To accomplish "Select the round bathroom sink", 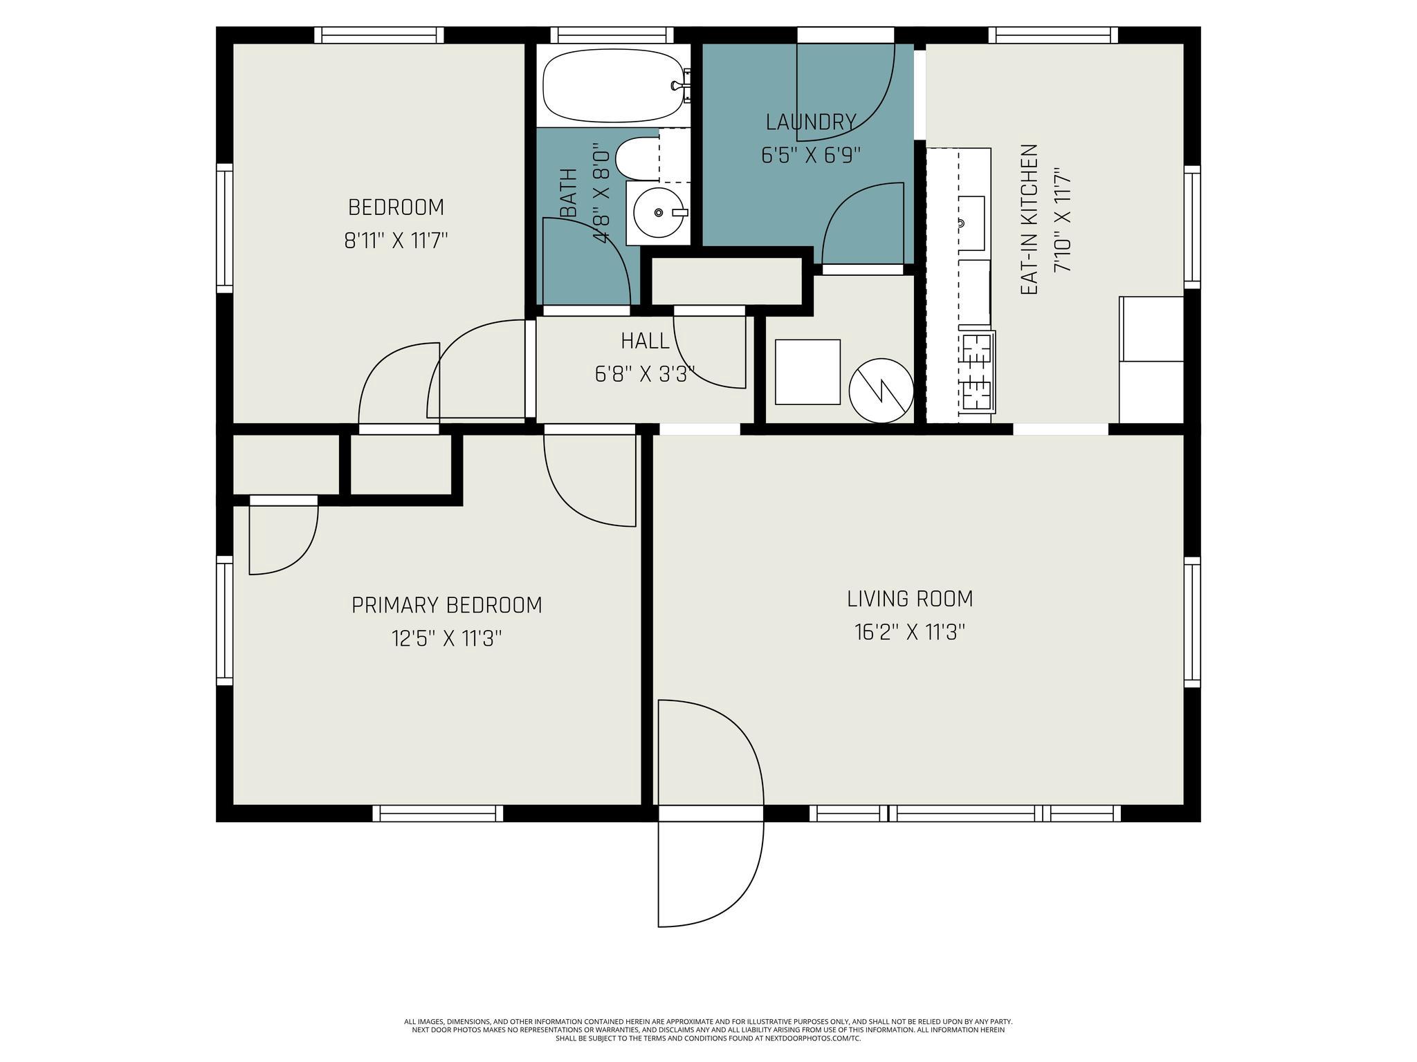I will (658, 212).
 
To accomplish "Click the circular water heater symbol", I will (881, 391).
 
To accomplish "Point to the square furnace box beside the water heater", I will (807, 372).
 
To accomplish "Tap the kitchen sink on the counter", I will (971, 223).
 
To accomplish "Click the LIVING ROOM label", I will (909, 599).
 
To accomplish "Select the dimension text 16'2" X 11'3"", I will (909, 633).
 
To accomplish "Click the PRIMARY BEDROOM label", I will (446, 606).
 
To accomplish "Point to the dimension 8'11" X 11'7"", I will (396, 241).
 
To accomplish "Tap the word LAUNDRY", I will (810, 122).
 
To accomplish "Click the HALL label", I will (644, 341).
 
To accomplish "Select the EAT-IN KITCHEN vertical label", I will (1030, 220).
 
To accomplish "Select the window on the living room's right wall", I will (1191, 622).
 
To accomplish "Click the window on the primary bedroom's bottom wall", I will (437, 814).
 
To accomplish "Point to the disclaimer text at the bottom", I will (708, 1030).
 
